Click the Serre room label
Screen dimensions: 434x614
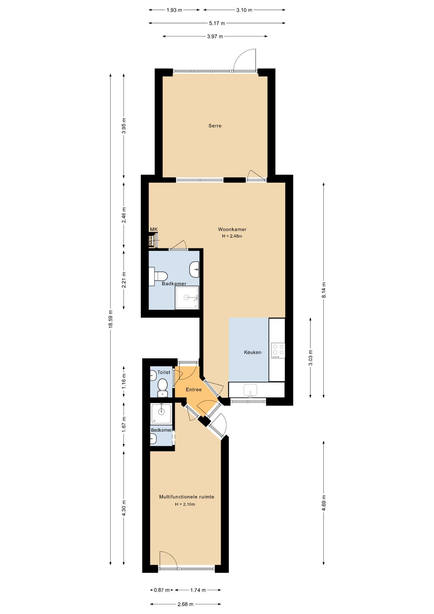(x=215, y=126)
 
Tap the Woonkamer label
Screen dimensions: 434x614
(x=232, y=229)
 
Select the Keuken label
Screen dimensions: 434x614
(x=252, y=352)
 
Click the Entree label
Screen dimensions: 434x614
(x=194, y=390)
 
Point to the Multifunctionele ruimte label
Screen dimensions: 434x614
(x=187, y=497)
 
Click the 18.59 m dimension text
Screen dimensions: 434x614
(x=111, y=319)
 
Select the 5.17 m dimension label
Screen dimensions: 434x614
(x=217, y=23)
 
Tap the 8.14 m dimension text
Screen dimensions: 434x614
(x=324, y=290)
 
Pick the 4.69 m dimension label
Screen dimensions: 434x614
(x=324, y=503)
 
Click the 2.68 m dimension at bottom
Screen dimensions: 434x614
(x=185, y=604)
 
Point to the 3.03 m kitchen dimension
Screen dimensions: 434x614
(x=310, y=358)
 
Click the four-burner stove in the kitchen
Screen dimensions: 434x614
(x=278, y=350)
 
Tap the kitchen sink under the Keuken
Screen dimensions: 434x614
(x=250, y=390)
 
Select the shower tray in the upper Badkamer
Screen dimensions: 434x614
(x=187, y=297)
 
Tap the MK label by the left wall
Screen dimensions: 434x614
(x=154, y=229)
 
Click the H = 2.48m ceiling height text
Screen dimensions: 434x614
(x=232, y=236)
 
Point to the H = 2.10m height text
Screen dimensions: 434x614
(x=185, y=504)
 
